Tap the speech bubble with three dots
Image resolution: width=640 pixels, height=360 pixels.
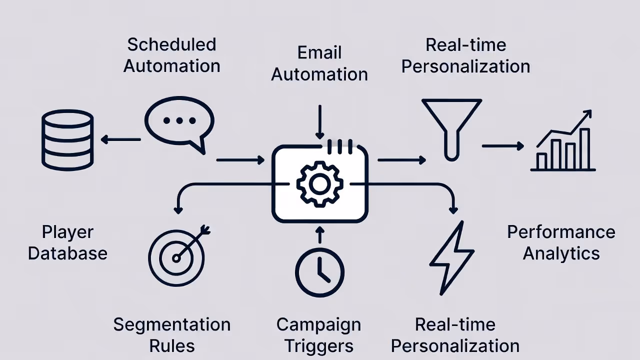(x=179, y=122)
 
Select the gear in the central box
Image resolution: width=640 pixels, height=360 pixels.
(x=319, y=184)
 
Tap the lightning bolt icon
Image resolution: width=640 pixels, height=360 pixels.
(x=451, y=258)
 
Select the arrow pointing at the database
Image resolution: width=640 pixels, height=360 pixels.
(x=120, y=139)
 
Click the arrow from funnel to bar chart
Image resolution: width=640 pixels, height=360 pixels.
(x=502, y=146)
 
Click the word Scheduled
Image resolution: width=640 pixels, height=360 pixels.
(x=171, y=44)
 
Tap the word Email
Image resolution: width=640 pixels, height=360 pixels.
(x=319, y=52)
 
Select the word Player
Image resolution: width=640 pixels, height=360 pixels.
(x=67, y=232)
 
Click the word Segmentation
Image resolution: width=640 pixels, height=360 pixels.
(x=172, y=324)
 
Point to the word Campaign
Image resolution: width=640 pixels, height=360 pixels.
(x=318, y=324)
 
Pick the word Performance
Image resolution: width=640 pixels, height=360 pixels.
(x=561, y=232)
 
